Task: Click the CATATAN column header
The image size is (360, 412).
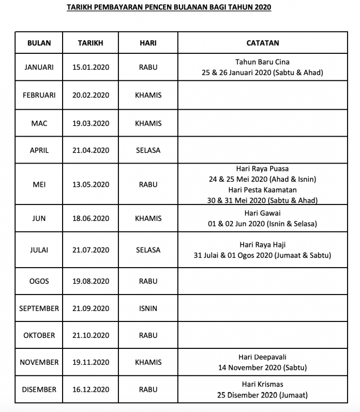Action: click(x=262, y=43)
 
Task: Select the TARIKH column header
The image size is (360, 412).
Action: click(x=91, y=43)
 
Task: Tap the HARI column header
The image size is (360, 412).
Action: click(x=148, y=43)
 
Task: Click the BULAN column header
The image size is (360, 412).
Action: click(x=39, y=43)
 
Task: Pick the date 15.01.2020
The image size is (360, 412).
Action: click(x=91, y=67)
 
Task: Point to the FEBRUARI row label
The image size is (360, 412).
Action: click(x=39, y=95)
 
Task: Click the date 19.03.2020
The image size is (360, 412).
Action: click(x=91, y=123)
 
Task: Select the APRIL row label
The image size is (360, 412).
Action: click(x=39, y=150)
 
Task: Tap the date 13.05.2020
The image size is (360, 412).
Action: click(x=91, y=184)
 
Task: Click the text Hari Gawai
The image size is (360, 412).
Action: click(x=262, y=213)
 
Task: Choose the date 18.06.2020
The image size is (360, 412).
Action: click(x=91, y=218)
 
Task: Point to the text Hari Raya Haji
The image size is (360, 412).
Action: click(x=262, y=244)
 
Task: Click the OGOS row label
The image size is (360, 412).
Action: click(x=39, y=281)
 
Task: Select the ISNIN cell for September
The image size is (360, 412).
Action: click(x=148, y=308)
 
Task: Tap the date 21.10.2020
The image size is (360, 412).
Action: click(x=91, y=335)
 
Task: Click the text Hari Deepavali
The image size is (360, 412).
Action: click(x=262, y=357)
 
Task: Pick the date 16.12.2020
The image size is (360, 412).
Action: click(x=91, y=390)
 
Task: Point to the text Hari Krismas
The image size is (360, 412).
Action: click(x=262, y=384)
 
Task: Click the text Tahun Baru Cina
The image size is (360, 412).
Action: click(x=262, y=62)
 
